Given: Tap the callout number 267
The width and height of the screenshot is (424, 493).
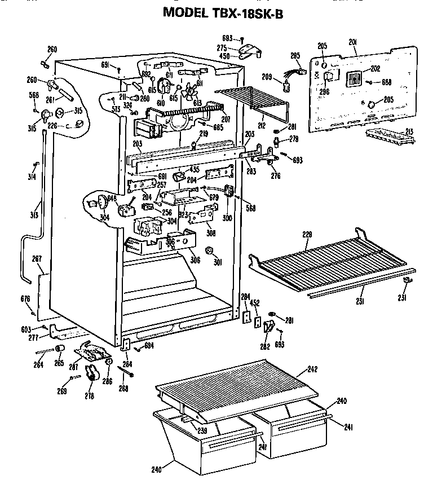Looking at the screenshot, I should pos(37,259).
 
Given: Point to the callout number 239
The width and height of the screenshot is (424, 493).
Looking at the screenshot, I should pos(202,430).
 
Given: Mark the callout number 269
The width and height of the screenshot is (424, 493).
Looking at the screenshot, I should pos(61,391).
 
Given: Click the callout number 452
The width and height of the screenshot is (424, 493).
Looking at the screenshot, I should pos(255,302).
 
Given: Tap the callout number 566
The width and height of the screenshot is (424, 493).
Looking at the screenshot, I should pos(34,95).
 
